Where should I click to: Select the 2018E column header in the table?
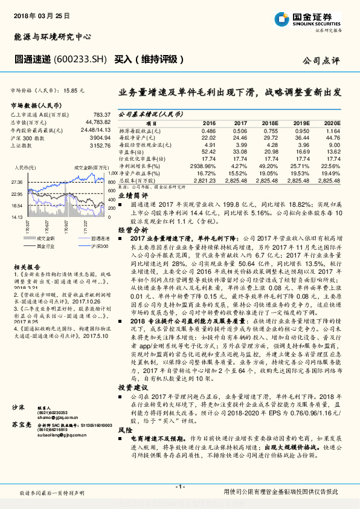269,122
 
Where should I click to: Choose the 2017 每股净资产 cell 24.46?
240,138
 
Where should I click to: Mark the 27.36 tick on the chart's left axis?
16,181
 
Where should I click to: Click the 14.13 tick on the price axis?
16,216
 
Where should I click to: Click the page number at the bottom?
179,487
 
